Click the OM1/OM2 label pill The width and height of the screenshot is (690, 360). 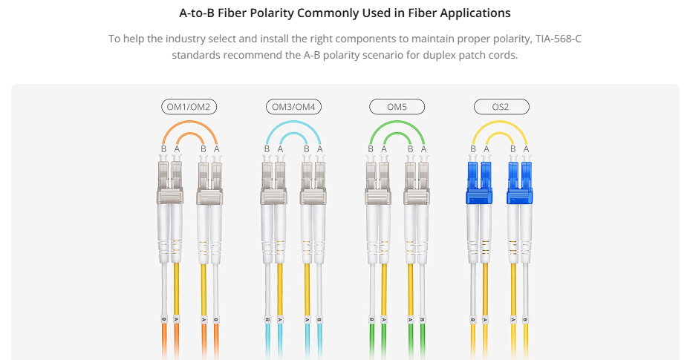tap(189, 107)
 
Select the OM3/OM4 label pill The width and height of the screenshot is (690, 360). tap(293, 107)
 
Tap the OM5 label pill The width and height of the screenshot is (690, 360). tap(397, 107)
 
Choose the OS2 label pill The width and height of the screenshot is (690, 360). tap(501, 107)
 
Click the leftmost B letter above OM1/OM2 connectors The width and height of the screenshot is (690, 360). tap(163, 149)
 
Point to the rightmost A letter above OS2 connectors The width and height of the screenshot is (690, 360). tap(527, 149)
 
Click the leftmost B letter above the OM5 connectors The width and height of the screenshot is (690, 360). tap(371, 149)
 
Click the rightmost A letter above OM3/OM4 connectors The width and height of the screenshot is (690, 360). tap(319, 149)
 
